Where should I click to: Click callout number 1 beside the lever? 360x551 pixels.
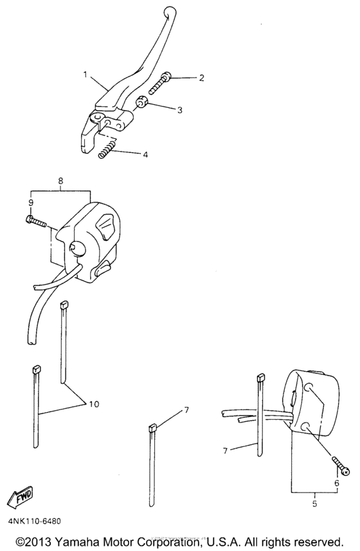[85, 75]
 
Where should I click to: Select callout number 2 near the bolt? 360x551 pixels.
[201, 78]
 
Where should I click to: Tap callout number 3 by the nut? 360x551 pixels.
[180, 110]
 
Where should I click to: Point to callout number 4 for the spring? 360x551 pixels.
[145, 154]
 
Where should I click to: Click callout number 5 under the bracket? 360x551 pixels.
[314, 503]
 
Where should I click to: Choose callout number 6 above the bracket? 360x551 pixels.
[337, 483]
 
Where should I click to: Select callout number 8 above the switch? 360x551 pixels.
[61, 181]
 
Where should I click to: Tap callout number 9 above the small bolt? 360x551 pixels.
[31, 203]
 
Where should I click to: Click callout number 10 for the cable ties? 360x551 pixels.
[94, 404]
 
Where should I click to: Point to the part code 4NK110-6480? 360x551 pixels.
[35, 521]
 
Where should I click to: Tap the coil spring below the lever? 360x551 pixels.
[107, 149]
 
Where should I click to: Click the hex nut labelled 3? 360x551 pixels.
[141, 104]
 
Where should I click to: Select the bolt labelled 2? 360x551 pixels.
[159, 84]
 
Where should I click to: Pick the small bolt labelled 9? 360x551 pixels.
[36, 221]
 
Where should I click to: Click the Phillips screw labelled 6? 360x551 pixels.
[339, 465]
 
